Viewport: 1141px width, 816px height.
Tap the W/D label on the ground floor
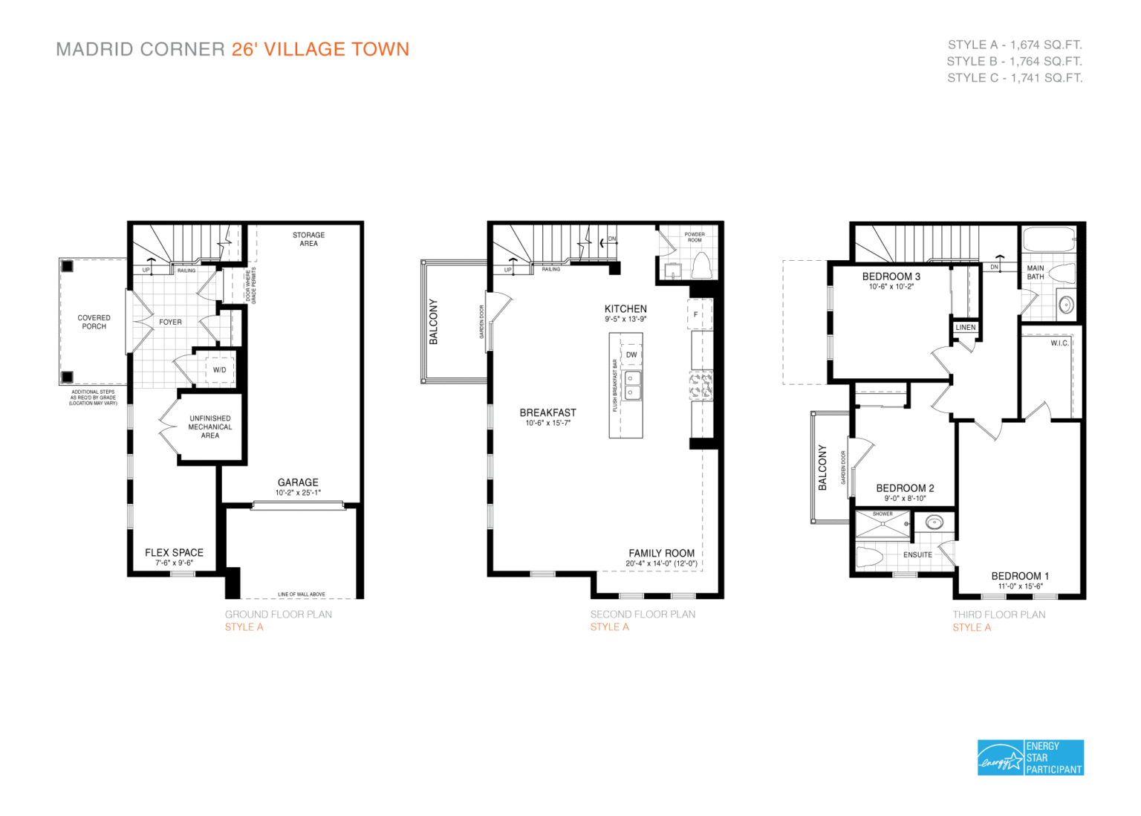(x=220, y=369)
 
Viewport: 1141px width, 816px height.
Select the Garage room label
(x=298, y=482)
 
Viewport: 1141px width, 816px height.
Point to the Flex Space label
(x=174, y=552)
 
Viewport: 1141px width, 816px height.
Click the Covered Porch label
(x=94, y=322)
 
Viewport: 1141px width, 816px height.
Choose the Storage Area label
(x=308, y=239)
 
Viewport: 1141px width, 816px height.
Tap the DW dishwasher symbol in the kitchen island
(x=631, y=354)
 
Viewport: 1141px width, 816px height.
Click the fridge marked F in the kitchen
(x=696, y=314)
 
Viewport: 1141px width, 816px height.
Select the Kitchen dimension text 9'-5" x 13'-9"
(x=625, y=320)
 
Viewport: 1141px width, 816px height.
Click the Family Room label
(x=661, y=553)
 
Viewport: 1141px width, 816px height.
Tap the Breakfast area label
(x=547, y=412)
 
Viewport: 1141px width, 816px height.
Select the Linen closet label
(x=966, y=327)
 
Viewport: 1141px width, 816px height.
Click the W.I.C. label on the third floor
(x=1059, y=343)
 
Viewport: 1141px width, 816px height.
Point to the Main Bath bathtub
(x=1048, y=240)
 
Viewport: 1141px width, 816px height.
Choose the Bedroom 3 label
(x=891, y=276)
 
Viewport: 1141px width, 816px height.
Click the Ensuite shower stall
(x=882, y=525)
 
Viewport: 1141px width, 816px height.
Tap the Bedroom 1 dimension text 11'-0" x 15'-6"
(x=1020, y=586)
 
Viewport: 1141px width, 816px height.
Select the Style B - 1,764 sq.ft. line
(x=1014, y=61)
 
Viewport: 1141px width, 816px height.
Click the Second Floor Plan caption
(x=643, y=614)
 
